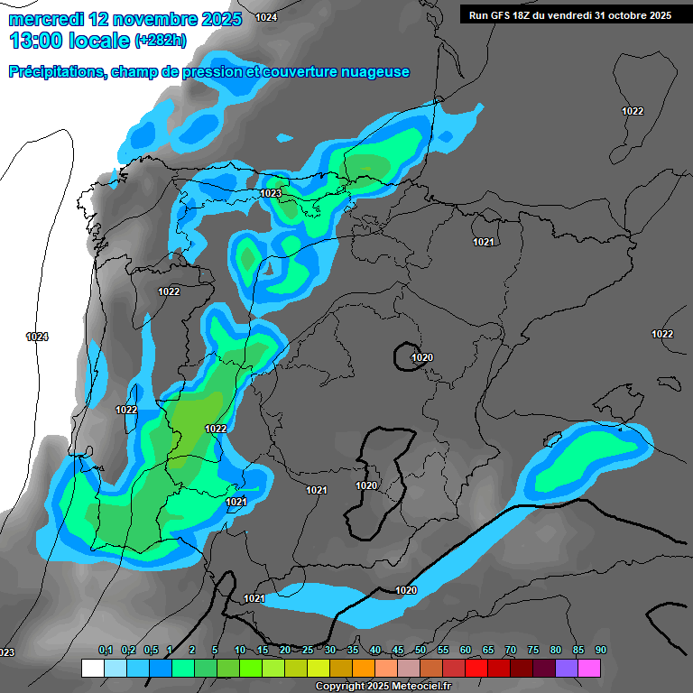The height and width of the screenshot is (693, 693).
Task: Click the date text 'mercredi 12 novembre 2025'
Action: pyautogui.click(x=125, y=19)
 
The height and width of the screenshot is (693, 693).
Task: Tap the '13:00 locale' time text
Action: pyautogui.click(x=69, y=40)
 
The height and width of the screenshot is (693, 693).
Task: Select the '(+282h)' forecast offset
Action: pyautogui.click(x=161, y=41)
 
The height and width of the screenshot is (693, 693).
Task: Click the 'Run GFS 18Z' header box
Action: pyautogui.click(x=569, y=14)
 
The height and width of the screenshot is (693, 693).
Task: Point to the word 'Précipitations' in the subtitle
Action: pyautogui.click(x=56, y=72)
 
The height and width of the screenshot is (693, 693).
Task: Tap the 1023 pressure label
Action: pyautogui.click(x=271, y=193)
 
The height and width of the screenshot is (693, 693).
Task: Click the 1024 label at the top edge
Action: pyautogui.click(x=266, y=17)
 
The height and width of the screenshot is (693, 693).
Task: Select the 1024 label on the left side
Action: pyautogui.click(x=37, y=337)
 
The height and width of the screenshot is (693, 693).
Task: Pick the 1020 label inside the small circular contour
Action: pyautogui.click(x=422, y=357)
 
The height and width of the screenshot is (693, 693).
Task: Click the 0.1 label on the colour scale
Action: pyautogui.click(x=106, y=651)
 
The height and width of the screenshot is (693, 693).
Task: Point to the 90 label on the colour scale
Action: pyautogui.click(x=600, y=651)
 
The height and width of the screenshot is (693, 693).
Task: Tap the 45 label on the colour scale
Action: pyautogui.click(x=398, y=651)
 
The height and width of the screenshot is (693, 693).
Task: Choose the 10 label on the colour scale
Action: pyautogui.click(x=240, y=651)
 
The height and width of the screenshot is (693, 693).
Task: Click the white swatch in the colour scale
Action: pyautogui.click(x=92, y=668)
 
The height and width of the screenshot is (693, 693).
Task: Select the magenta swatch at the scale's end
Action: pyautogui.click(x=589, y=668)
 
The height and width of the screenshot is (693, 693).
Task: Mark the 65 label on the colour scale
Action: pyautogui.click(x=488, y=651)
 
